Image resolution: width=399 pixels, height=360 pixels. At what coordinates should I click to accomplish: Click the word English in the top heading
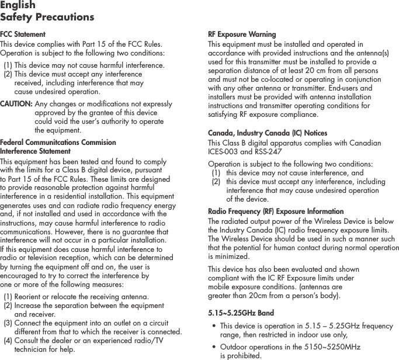(x=18, y=5)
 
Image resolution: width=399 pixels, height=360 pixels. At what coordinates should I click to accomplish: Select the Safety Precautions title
(x=47, y=17)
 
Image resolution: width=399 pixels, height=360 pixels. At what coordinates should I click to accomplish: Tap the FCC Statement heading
(x=23, y=34)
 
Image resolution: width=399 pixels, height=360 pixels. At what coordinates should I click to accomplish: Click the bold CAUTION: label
(x=16, y=104)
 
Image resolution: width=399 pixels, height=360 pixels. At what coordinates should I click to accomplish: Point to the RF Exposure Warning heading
(x=242, y=34)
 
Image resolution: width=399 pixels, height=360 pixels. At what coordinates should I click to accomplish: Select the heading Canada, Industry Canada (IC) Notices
(x=268, y=133)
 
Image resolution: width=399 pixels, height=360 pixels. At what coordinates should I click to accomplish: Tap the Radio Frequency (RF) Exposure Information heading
(x=276, y=211)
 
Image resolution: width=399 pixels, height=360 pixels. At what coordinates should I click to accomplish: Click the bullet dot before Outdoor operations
(x=214, y=347)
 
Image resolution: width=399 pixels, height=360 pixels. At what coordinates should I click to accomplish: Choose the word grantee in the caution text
(x=111, y=113)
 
